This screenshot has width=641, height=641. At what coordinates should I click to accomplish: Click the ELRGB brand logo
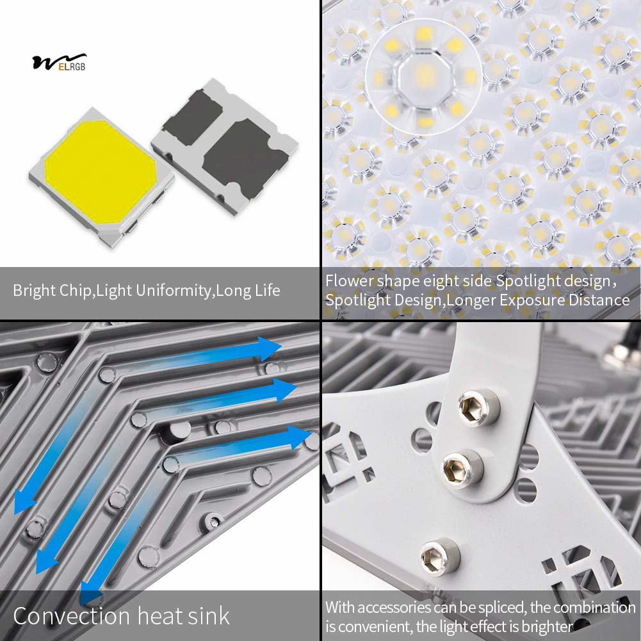[x=60, y=62]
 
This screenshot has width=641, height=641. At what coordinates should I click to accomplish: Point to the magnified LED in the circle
[x=423, y=76]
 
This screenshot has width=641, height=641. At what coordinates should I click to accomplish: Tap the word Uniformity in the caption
[x=174, y=291]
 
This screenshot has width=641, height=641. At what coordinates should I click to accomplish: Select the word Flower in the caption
[x=350, y=281]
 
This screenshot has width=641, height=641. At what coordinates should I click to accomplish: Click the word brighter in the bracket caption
[x=547, y=626]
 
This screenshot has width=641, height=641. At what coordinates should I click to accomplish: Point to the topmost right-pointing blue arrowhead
[x=270, y=348]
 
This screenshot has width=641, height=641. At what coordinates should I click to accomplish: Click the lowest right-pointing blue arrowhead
[x=300, y=437]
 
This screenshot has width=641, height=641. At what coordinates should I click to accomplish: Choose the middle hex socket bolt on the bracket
[x=461, y=469]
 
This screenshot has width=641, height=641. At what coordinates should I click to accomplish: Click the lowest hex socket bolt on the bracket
[x=440, y=556]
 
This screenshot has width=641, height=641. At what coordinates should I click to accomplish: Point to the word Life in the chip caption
[x=268, y=291]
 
